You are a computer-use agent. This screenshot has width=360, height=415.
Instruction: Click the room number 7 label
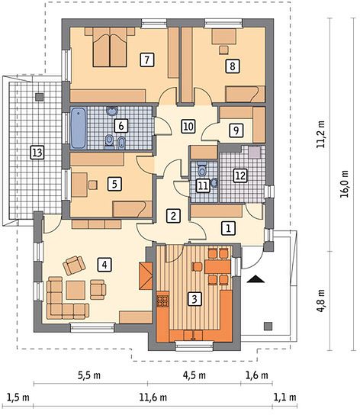pos(147,60)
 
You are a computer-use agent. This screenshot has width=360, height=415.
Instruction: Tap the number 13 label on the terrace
pos(37,153)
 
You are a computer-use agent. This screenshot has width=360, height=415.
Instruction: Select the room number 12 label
pos(240,175)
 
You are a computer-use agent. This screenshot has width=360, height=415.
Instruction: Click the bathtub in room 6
pos(79,128)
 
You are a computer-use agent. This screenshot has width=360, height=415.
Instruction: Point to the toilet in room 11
pos(202,168)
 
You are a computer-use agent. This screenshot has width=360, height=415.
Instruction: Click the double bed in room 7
pos(110,47)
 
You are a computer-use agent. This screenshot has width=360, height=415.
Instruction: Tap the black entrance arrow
pos(256,279)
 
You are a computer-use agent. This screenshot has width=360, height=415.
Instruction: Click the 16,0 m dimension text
pos(345,184)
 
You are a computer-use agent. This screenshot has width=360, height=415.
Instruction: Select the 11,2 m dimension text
pos(321,134)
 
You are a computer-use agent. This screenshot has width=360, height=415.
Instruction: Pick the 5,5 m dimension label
pos(89,375)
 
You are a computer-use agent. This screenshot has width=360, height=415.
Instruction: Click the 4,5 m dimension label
pos(194,375)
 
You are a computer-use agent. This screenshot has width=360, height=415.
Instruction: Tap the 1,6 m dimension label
pos(257,375)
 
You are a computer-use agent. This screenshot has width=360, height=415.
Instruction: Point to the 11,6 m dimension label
pos(153,397)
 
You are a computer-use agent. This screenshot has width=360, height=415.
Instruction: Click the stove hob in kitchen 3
pos(162,301)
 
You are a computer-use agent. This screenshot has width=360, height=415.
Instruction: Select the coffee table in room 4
pos(76,291)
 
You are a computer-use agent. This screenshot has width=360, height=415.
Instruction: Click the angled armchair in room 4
pos(74,265)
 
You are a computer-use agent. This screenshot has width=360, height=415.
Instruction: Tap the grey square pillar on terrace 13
pos(40,97)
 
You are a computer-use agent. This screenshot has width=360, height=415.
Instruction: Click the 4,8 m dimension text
pos(321,301)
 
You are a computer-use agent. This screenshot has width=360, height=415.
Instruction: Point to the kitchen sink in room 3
pos(193,336)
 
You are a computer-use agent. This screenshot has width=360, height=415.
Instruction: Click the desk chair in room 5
pos(92,185)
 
